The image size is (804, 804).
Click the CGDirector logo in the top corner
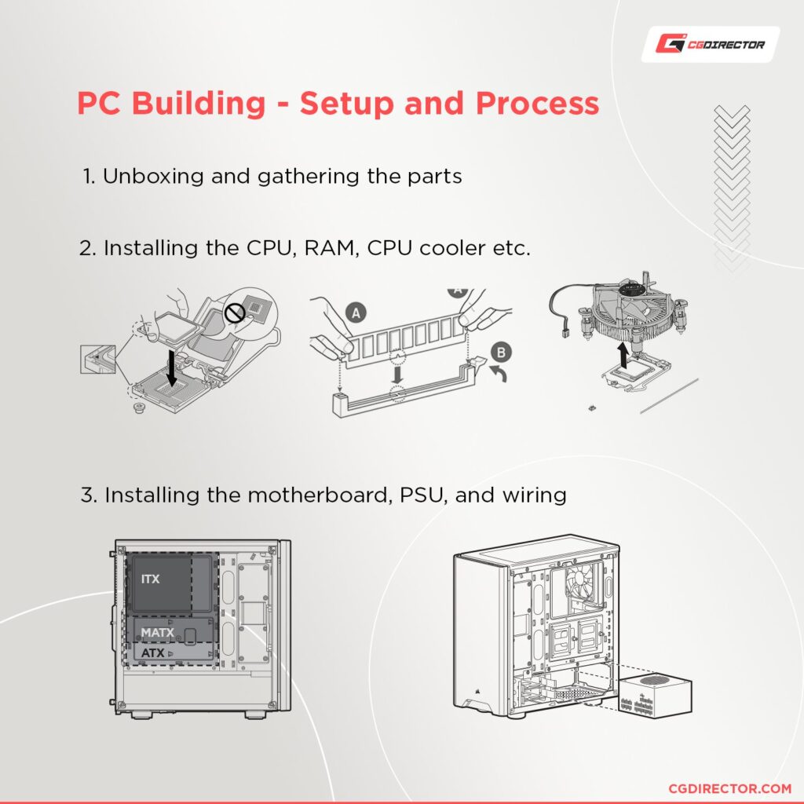(711, 44)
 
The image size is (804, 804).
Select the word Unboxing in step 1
(152, 176)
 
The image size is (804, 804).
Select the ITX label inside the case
(151, 579)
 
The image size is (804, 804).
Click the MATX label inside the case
(157, 632)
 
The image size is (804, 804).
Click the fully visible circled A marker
(355, 313)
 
